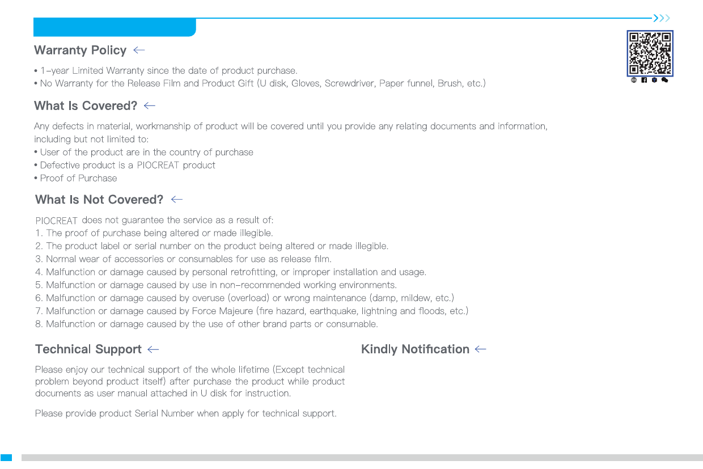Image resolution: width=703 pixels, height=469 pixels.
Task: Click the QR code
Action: click(650, 53)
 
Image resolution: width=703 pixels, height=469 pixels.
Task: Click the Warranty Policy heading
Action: click(80, 50)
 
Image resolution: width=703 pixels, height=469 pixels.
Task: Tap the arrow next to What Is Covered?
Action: click(150, 106)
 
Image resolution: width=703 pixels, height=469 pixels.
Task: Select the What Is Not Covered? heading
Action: click(99, 200)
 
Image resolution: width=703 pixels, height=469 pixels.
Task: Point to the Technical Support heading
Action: click(88, 349)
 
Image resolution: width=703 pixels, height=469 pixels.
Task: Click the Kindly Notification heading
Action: click(415, 349)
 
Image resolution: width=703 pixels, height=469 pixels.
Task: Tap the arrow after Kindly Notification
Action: click(481, 349)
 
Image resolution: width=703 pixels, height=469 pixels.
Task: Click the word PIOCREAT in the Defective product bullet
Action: click(158, 166)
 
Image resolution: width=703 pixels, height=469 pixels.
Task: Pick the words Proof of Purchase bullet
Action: click(78, 178)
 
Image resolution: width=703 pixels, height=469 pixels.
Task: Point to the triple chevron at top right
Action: click(662, 18)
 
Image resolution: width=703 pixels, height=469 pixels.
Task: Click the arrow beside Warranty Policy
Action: click(139, 50)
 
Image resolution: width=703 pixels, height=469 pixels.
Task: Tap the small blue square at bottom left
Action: click(6, 457)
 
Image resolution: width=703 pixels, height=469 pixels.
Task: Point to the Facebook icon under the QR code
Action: click(645, 81)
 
